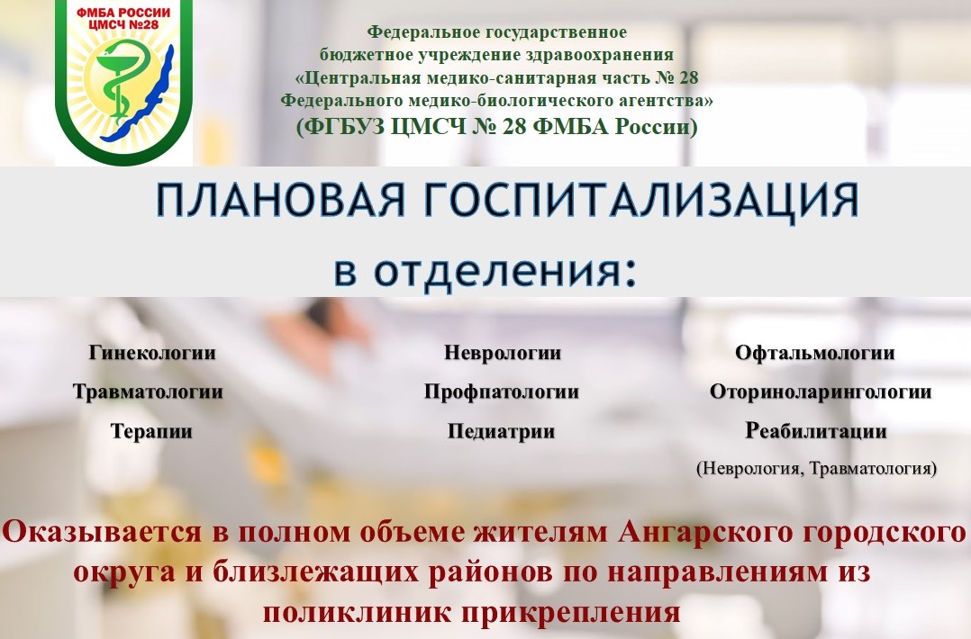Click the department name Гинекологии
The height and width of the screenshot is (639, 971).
[151, 353]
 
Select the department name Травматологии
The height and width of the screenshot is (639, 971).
[148, 392]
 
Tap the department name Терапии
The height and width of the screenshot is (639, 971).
[151, 432]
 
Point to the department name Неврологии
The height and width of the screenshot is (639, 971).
[503, 353]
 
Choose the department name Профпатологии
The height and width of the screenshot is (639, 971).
[501, 392]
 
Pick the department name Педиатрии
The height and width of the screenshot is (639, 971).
[501, 431]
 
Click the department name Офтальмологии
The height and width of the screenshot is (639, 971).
[814, 353]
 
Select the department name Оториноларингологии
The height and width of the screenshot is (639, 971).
[821, 392]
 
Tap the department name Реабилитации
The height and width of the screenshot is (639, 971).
[815, 431]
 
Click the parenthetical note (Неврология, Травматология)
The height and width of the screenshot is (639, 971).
[816, 468]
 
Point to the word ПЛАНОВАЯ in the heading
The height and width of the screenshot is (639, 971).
[280, 201]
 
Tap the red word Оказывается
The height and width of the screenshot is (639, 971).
[102, 533]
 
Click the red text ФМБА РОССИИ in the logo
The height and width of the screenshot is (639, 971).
[123, 13]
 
